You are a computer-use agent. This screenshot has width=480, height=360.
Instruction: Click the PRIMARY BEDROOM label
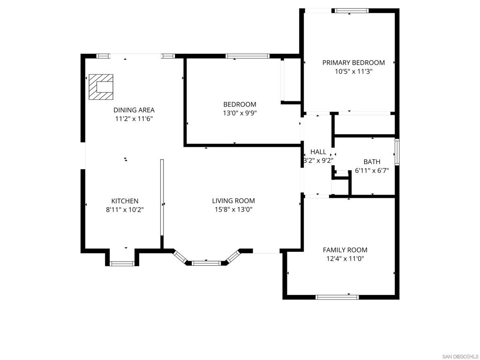click(353, 63)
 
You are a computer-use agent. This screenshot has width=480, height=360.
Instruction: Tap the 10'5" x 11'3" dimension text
click(353, 72)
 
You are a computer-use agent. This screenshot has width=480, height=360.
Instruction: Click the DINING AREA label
click(134, 110)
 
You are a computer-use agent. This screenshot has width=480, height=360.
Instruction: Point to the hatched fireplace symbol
click(101, 87)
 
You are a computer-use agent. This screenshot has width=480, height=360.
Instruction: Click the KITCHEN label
click(125, 201)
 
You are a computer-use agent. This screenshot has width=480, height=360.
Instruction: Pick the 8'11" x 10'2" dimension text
click(125, 210)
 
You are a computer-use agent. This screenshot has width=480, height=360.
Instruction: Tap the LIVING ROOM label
click(233, 201)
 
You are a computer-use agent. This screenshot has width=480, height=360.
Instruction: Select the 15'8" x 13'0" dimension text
click(233, 210)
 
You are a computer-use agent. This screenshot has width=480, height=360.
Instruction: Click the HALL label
click(318, 152)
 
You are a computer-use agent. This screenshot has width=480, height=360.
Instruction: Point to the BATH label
click(372, 162)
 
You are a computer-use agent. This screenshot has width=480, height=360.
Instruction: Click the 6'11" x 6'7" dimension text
click(372, 171)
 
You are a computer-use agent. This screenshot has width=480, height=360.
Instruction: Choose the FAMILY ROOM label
click(345, 250)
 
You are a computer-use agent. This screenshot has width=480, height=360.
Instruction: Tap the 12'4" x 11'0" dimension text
click(345, 259)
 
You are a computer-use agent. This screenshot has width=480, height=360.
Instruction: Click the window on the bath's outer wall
click(397, 152)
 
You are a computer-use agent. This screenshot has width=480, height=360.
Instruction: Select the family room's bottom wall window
click(337, 297)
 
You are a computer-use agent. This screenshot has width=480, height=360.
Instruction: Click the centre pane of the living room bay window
click(206, 263)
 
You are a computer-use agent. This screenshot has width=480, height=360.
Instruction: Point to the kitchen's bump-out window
click(122, 263)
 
